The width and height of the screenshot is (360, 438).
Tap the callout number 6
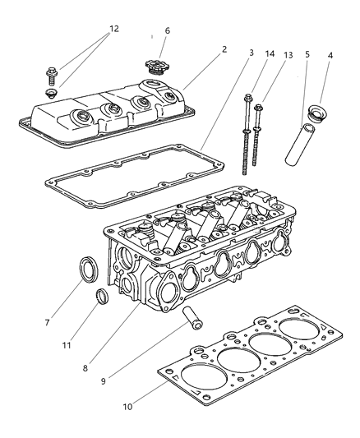click(167, 30)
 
